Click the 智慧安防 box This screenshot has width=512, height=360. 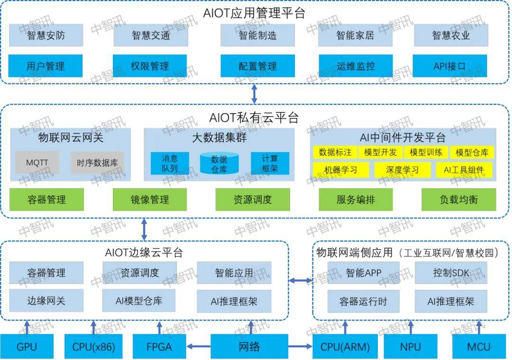(46, 36)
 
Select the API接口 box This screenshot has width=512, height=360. (449, 66)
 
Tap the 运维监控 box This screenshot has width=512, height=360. (356, 66)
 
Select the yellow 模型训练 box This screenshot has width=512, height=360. (426, 152)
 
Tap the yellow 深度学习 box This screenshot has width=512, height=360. (402, 170)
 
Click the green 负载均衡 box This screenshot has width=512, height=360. (458, 199)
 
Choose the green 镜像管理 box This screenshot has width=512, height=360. (150, 199)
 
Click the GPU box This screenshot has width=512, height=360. (27, 347)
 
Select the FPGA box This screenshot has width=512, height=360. (159, 347)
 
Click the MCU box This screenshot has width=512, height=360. (479, 347)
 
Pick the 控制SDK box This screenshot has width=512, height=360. (451, 273)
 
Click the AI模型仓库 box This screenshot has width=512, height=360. (139, 300)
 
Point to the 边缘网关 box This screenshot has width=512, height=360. (46, 300)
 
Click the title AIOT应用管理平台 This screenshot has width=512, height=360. (254, 13)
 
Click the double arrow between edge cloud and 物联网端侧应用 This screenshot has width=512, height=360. (301, 281)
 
